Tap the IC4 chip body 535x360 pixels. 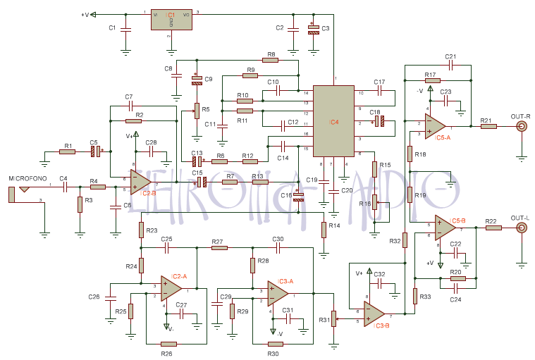[333, 121]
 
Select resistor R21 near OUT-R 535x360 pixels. [488, 127]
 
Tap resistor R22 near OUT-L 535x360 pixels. [493, 228]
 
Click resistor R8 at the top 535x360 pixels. [270, 61]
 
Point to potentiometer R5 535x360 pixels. [197, 109]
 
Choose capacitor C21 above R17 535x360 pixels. [451, 66]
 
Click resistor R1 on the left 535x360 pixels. [67, 151]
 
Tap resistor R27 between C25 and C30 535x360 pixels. [219, 247]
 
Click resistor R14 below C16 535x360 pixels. [323, 230]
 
